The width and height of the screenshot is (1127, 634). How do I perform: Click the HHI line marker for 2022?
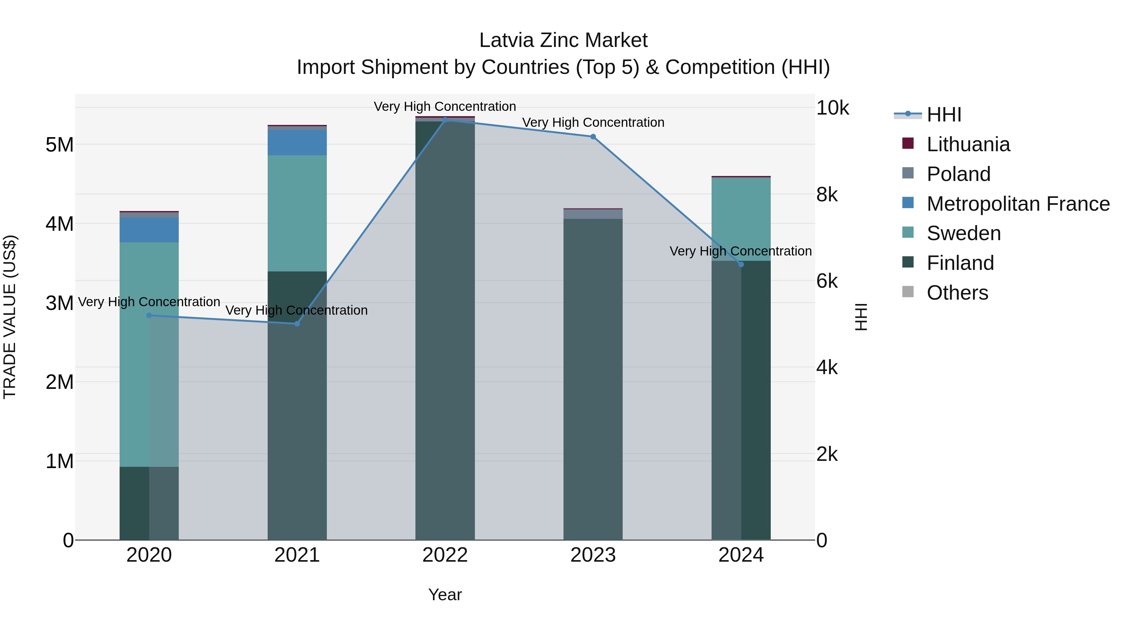click(x=445, y=120)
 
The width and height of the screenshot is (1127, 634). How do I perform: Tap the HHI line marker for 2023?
click(x=593, y=137)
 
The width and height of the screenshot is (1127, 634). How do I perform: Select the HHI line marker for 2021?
click(x=297, y=323)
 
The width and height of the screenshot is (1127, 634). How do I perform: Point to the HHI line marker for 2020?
click(x=149, y=315)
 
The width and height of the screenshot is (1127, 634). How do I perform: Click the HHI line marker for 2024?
click(x=741, y=264)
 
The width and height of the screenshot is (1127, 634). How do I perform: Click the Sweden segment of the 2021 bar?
click(x=297, y=213)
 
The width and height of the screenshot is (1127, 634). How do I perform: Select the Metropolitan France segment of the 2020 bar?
click(x=149, y=230)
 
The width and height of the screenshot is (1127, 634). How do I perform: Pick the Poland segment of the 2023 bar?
click(x=593, y=214)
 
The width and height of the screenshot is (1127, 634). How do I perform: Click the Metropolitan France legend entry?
click(x=1018, y=204)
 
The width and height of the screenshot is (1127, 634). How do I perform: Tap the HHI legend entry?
click(x=944, y=115)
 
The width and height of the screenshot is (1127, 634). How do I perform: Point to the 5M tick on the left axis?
click(x=59, y=144)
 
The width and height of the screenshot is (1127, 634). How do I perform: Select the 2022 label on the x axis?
click(x=445, y=555)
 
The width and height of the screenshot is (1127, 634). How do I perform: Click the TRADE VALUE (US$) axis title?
click(x=10, y=317)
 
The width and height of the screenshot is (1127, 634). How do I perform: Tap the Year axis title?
click(x=445, y=595)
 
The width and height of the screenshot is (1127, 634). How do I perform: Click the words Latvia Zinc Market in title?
click(x=563, y=40)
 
